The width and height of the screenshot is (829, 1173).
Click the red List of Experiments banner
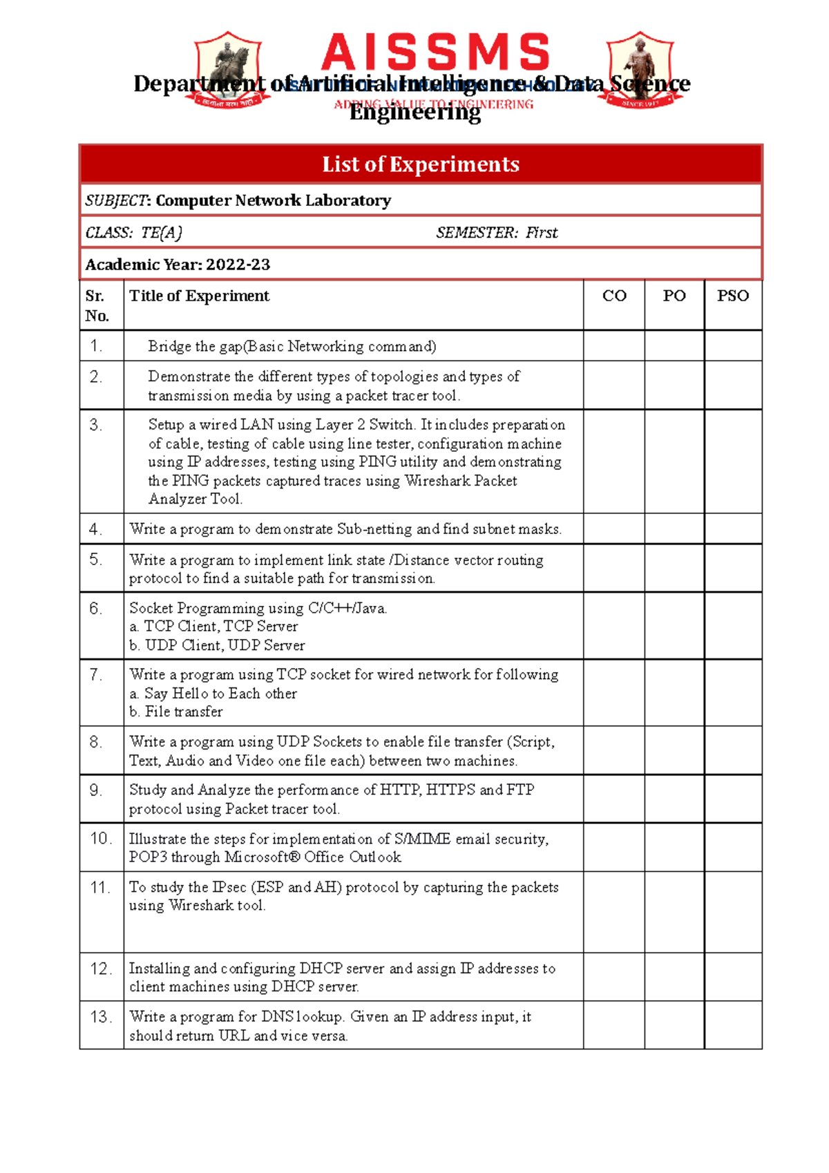click(420, 164)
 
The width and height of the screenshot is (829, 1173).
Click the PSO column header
click(732, 296)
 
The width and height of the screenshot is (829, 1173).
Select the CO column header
click(614, 296)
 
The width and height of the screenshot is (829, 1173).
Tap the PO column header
click(674, 296)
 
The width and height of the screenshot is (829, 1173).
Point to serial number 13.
click(101, 1017)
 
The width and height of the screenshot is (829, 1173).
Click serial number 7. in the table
click(95, 674)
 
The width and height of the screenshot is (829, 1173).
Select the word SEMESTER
click(476, 233)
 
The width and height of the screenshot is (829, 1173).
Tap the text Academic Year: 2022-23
click(178, 265)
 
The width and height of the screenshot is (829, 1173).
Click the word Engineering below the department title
click(414, 113)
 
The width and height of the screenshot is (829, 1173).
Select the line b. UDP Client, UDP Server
click(217, 645)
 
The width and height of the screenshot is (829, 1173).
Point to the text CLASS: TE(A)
click(134, 233)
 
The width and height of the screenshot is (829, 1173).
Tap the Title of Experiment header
click(199, 296)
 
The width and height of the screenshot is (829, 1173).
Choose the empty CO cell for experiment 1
click(614, 346)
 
